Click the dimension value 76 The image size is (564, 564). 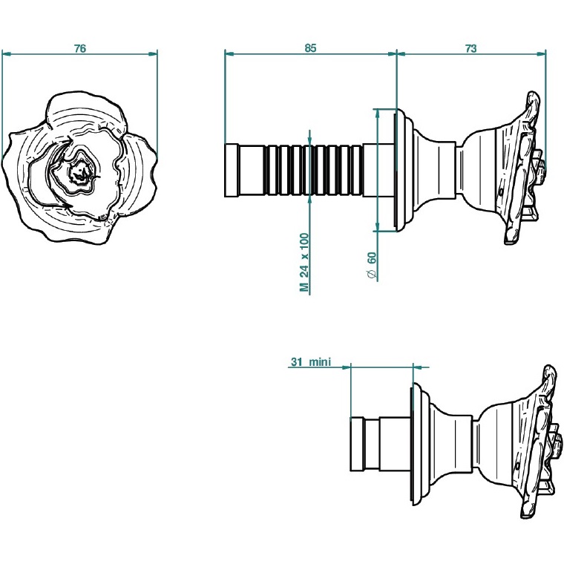[x=80, y=48]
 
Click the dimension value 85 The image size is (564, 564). [x=310, y=48]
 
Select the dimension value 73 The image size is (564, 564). [x=470, y=48]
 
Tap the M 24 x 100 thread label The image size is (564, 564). [x=304, y=262]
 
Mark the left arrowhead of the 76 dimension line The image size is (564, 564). [x=6, y=53]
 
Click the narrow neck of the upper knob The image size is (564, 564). [x=457, y=170]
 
